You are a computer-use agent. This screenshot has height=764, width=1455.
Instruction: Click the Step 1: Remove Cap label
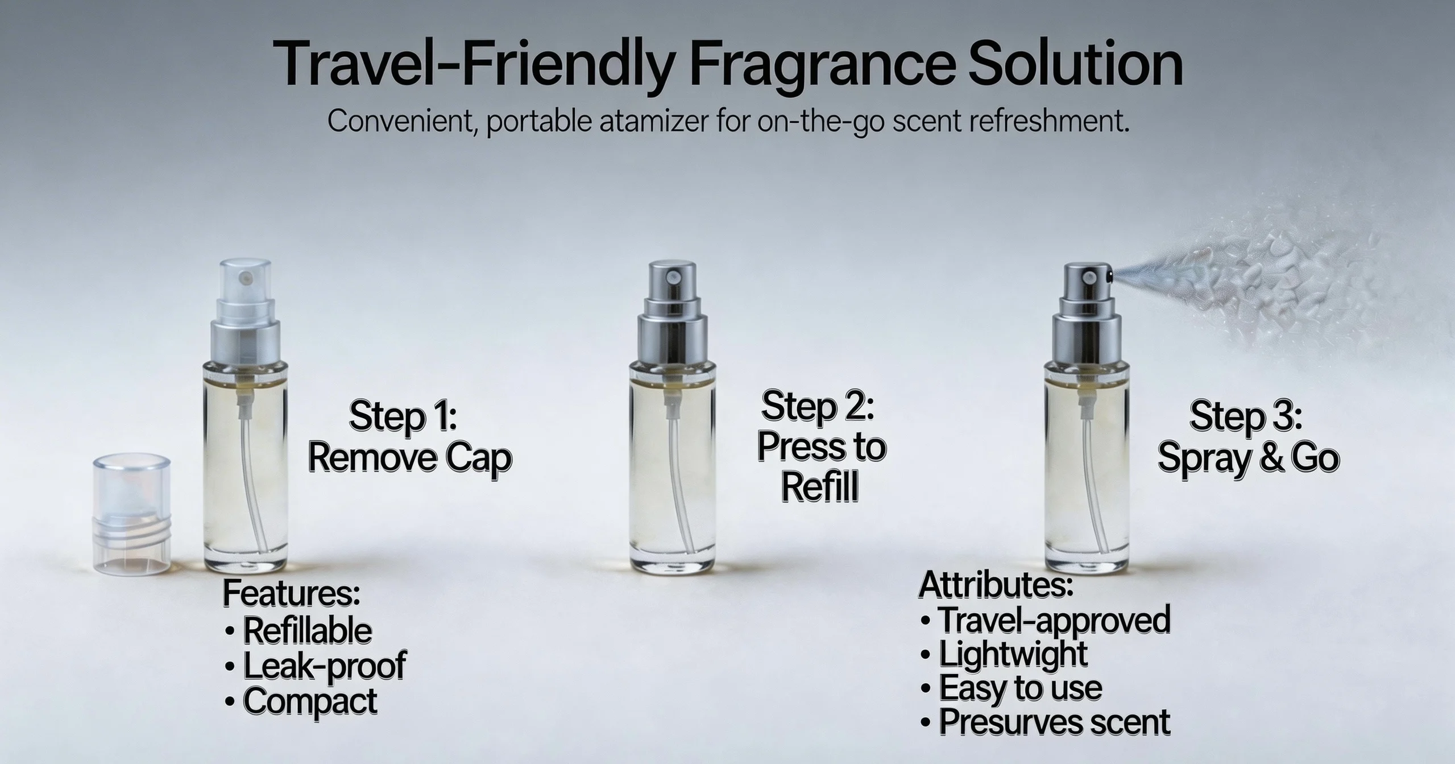pyautogui.click(x=409, y=437)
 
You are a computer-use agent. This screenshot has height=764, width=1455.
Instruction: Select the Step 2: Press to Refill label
pyautogui.click(x=821, y=447)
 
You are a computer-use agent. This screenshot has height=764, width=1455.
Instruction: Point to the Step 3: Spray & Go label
pyautogui.click(x=1248, y=437)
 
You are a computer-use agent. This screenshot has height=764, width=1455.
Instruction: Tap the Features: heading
pyautogui.click(x=291, y=593)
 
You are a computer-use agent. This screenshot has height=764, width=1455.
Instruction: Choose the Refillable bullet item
pyautogui.click(x=299, y=630)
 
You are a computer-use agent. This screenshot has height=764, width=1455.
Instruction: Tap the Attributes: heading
pyautogui.click(x=996, y=584)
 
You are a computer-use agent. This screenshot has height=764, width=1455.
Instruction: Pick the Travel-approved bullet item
pyautogui.click(x=1045, y=620)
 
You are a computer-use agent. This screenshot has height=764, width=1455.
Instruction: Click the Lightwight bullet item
pyautogui.click(x=1004, y=654)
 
